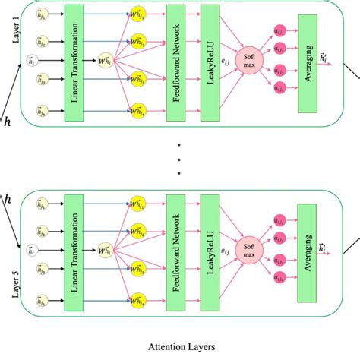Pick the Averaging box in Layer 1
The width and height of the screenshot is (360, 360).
(308, 63)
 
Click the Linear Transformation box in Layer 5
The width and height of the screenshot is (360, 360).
(74, 248)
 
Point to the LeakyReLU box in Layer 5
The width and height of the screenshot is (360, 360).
(210, 248)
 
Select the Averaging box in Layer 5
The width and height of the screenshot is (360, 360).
(307, 248)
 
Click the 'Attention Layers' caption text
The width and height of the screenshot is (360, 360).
(181, 346)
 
